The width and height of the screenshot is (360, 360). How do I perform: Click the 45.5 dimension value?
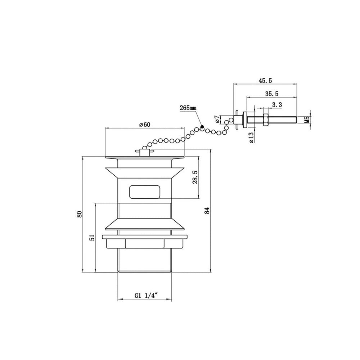point(265,81)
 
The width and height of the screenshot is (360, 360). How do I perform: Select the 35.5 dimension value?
point(272,94)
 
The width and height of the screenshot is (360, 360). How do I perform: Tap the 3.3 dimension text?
point(277,105)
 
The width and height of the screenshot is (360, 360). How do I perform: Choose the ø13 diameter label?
point(251,138)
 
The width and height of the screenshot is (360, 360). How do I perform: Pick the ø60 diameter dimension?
point(144,125)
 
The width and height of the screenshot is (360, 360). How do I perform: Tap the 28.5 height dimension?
point(195,177)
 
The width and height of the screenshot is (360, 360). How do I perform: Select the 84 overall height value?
point(207,211)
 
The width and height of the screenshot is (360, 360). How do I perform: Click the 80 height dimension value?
point(80,214)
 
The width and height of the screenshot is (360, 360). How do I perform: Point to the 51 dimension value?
point(92,237)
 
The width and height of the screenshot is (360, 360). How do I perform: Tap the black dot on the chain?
point(202,126)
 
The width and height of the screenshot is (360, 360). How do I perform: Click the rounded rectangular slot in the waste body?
point(145,192)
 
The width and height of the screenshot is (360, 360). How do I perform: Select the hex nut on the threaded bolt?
point(265,120)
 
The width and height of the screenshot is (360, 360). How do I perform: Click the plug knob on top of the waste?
point(144,152)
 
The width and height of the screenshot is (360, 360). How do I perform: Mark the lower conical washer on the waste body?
point(145,224)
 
